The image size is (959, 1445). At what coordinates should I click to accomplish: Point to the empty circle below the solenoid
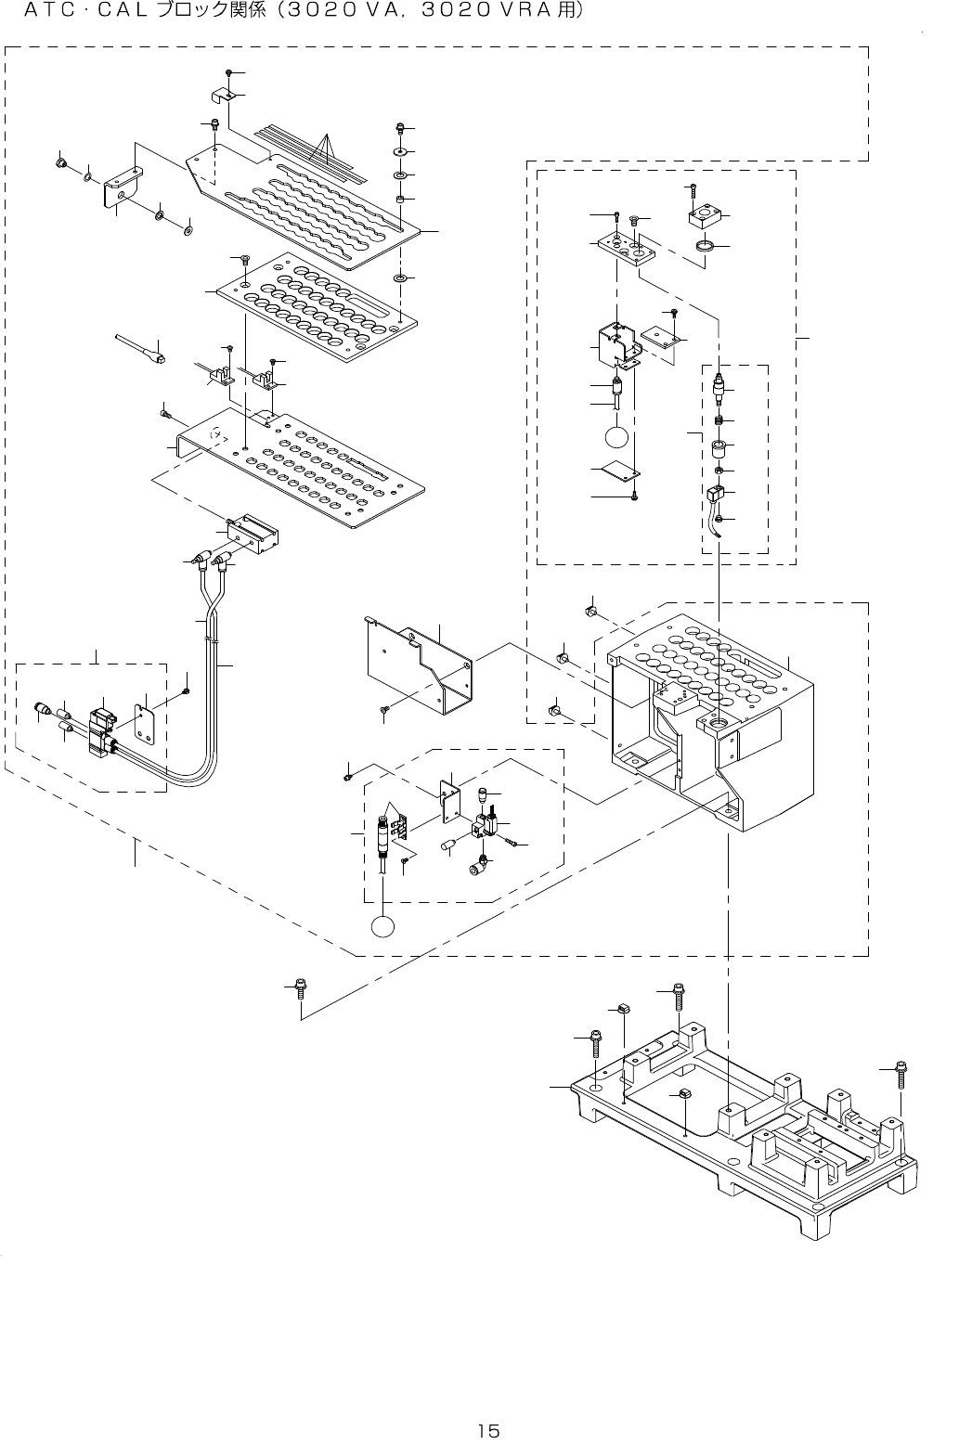(x=617, y=436)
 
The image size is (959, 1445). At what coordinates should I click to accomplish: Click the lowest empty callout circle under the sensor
(x=383, y=926)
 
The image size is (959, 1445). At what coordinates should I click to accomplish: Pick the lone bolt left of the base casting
(x=300, y=987)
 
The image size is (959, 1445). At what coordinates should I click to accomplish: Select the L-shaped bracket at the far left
(x=122, y=187)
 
